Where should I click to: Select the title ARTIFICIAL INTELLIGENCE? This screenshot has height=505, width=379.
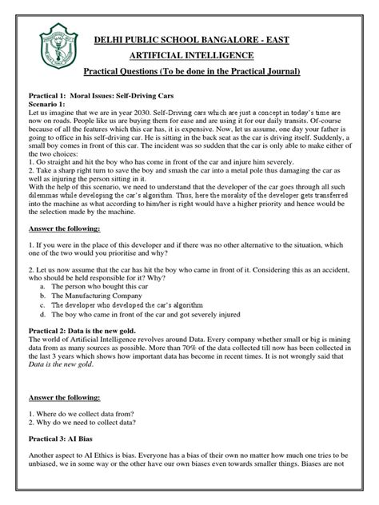point(197,55)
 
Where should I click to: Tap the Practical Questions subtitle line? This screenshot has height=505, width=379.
point(197,73)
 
